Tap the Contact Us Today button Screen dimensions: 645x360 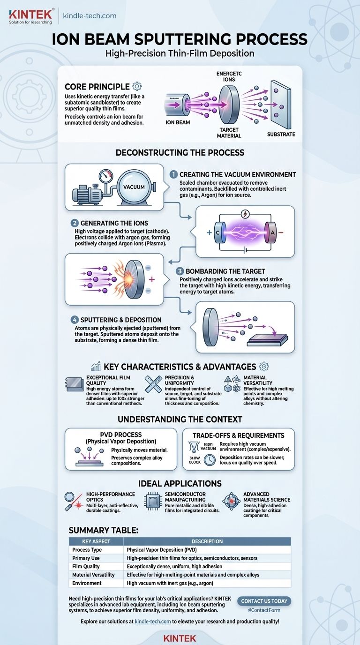(x=264, y=601)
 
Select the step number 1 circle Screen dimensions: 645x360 (x=172, y=174)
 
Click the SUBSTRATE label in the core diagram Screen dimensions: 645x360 (x=281, y=135)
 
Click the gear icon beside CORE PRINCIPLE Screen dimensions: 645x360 (x=137, y=86)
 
